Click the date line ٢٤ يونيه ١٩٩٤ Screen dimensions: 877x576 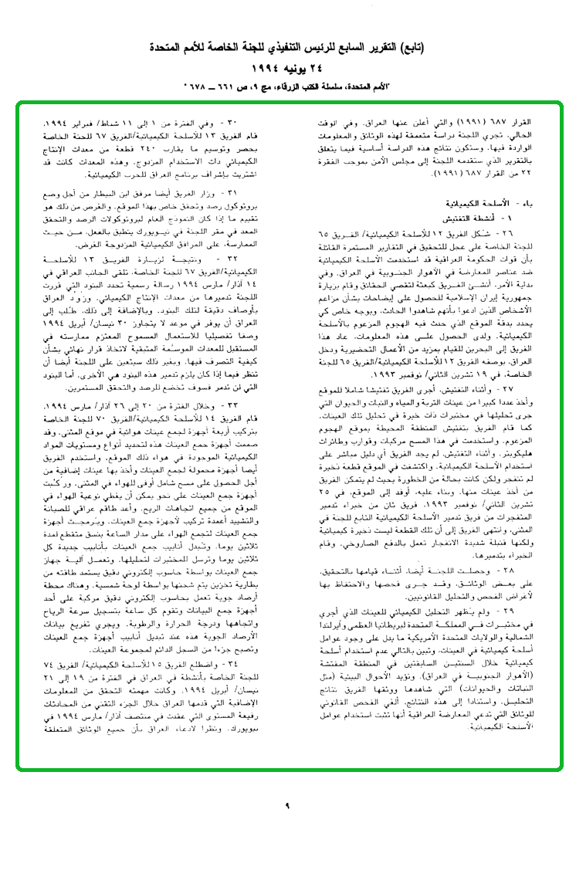tap(287, 67)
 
